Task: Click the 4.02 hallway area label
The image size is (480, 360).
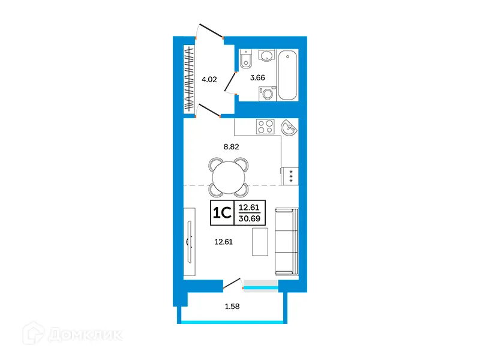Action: (209, 79)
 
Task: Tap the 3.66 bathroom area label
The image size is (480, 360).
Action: (257, 77)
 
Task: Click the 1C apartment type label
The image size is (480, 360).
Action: (222, 213)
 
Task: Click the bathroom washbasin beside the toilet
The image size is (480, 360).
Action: (266, 56)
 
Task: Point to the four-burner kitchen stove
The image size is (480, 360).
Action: (265, 127)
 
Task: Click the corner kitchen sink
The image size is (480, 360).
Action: (289, 127)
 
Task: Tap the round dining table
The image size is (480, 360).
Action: (228, 177)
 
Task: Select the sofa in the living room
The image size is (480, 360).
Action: (286, 241)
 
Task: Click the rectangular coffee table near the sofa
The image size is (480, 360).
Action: (260, 241)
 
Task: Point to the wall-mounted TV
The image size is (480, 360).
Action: (189, 241)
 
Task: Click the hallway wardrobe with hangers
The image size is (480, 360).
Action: (190, 77)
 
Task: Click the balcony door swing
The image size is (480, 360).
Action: (233, 284)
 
